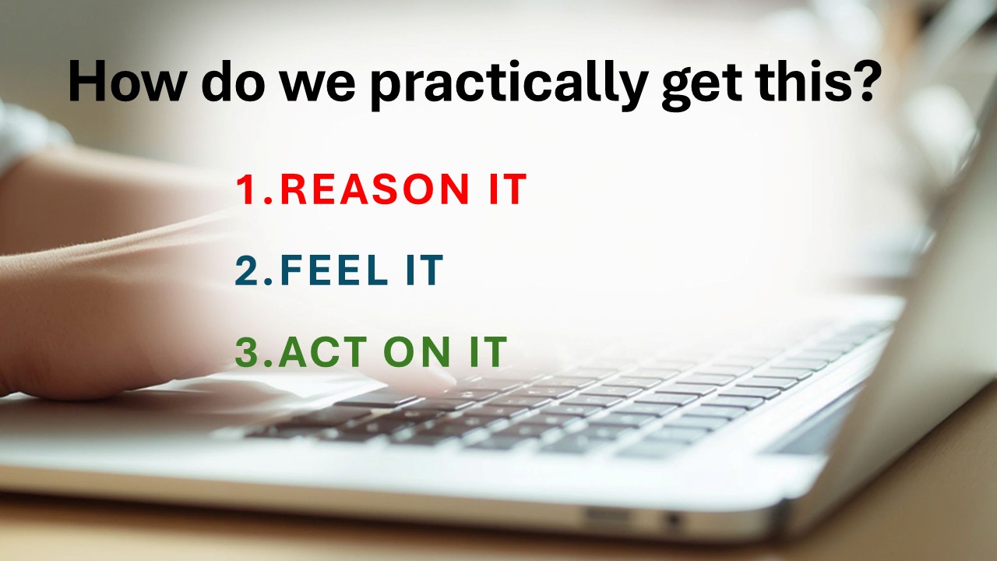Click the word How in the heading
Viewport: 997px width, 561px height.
(x=127, y=81)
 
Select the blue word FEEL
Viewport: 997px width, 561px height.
(x=334, y=270)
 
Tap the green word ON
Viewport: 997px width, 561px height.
(x=417, y=352)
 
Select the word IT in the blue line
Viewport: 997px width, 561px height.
(x=425, y=270)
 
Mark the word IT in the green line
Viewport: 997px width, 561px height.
(x=488, y=352)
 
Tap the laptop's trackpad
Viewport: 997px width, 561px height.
(x=249, y=388)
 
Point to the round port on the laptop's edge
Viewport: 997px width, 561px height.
(x=674, y=519)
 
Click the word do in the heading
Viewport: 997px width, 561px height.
(x=233, y=81)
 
